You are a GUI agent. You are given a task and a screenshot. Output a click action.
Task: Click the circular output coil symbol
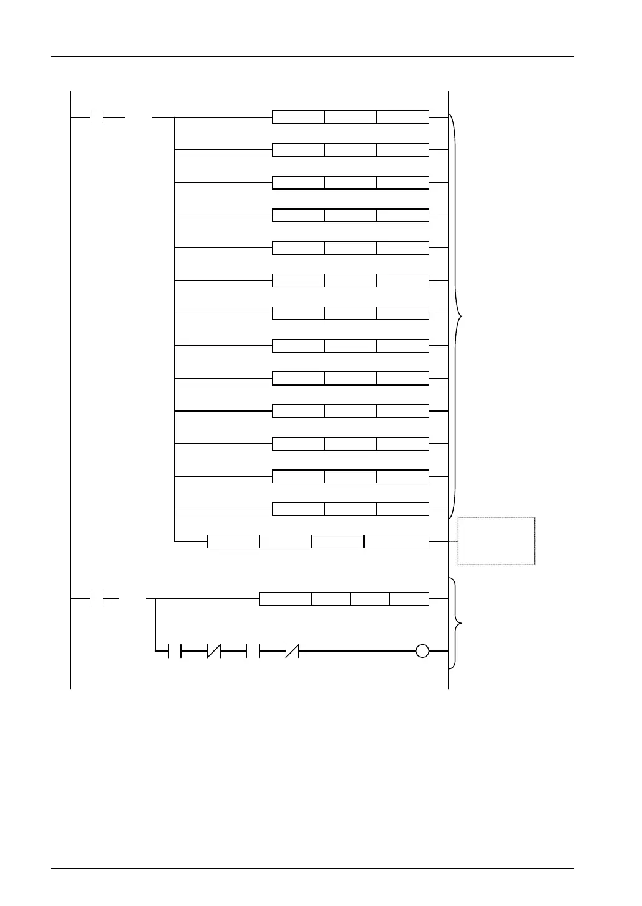click(x=422, y=652)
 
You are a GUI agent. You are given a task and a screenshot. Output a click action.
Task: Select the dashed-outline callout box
click(x=496, y=540)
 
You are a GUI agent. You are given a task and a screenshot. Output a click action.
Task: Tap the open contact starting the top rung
click(x=96, y=116)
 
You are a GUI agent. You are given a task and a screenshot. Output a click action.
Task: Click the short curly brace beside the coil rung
click(x=458, y=623)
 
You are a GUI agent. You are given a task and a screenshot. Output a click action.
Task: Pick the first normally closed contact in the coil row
click(x=214, y=652)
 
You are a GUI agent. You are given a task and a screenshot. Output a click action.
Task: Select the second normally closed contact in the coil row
click(x=292, y=652)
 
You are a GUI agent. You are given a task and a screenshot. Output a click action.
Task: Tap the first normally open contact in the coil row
click(x=175, y=652)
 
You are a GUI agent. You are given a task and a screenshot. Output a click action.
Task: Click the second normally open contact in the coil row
click(x=253, y=652)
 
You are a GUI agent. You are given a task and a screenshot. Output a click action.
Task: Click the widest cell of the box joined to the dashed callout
click(x=396, y=541)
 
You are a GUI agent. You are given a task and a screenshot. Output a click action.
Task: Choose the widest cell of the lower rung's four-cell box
click(x=285, y=599)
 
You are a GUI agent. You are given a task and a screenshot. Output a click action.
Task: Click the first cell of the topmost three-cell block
click(x=299, y=117)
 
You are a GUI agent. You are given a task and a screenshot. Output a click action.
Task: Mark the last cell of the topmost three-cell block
click(x=402, y=117)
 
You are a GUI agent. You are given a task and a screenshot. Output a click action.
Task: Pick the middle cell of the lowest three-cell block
click(x=350, y=509)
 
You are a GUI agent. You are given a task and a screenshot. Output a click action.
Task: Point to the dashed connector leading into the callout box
click(x=444, y=541)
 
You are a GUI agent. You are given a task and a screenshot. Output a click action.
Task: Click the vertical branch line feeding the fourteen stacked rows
click(x=175, y=330)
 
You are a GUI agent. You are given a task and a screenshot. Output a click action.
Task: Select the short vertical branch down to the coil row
click(x=154, y=625)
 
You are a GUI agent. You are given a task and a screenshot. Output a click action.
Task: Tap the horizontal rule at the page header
click(x=311, y=57)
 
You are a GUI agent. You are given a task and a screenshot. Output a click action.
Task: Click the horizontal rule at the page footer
click(x=311, y=868)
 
